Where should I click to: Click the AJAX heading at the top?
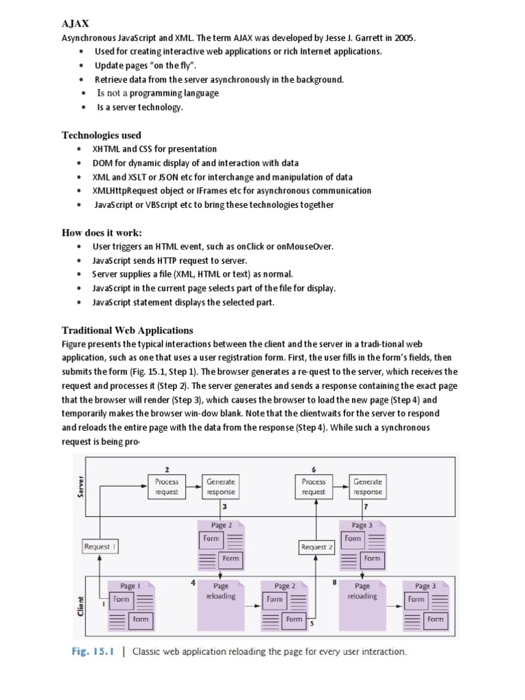click(x=75, y=24)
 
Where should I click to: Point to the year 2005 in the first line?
click(x=404, y=38)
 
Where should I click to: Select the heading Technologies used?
click(x=101, y=135)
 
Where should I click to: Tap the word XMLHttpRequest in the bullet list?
click(x=128, y=191)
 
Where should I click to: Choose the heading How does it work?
click(x=102, y=232)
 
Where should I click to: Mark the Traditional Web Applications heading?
click(x=127, y=330)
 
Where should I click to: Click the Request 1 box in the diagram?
click(x=100, y=546)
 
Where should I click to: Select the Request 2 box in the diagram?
click(x=316, y=546)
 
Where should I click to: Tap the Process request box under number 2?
click(x=166, y=486)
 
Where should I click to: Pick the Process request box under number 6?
click(x=314, y=486)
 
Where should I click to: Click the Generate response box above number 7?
click(x=368, y=486)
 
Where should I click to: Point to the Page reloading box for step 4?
click(x=221, y=591)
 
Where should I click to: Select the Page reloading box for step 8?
click(x=362, y=591)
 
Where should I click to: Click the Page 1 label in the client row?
click(x=131, y=586)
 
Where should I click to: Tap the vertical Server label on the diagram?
click(x=81, y=487)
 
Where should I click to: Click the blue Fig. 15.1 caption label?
click(x=94, y=651)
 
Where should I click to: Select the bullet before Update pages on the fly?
click(x=81, y=66)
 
